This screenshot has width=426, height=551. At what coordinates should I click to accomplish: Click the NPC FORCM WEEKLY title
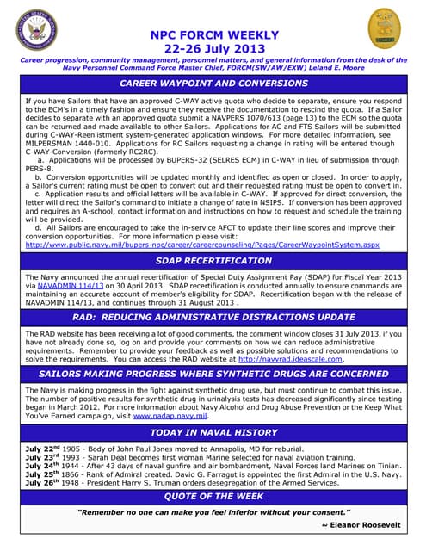[214, 34]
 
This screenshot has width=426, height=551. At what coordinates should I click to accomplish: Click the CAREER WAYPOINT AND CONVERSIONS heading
[214, 84]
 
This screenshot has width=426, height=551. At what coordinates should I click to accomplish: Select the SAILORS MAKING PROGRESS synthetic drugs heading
[214, 375]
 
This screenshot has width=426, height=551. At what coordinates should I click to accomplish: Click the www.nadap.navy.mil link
[170, 415]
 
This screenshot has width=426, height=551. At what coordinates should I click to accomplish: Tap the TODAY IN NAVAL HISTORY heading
[214, 432]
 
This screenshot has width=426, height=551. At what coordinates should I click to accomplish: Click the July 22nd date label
[43, 449]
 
